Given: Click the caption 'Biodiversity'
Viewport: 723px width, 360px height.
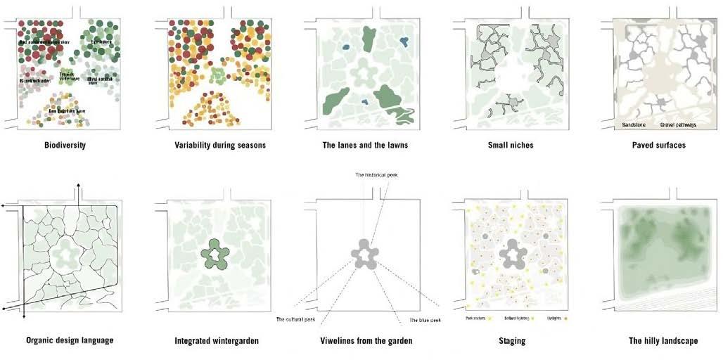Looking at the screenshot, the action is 68,146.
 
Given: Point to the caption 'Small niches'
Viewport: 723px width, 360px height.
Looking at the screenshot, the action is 511,146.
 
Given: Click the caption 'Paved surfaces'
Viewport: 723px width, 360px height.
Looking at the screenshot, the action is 658,146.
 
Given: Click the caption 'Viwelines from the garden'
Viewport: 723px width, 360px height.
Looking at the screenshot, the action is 364,340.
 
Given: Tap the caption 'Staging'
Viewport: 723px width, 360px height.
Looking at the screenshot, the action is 511,340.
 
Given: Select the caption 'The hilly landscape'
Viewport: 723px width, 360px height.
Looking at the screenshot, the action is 663,340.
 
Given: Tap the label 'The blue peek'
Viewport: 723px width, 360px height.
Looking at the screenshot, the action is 425,320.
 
